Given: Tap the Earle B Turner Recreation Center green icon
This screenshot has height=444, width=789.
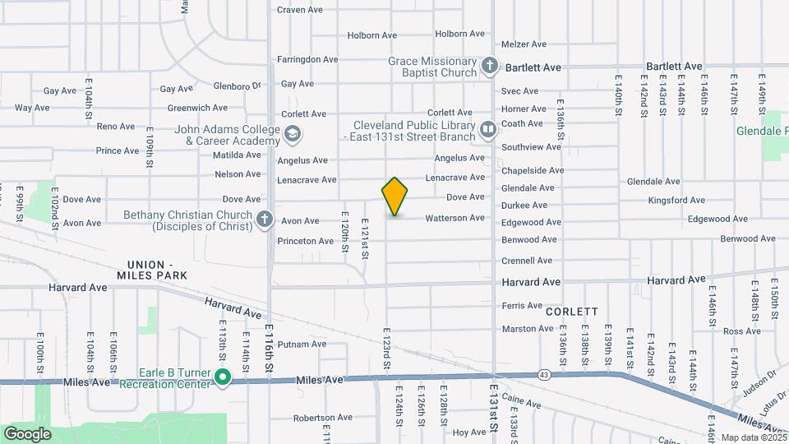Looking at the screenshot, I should click(223, 377).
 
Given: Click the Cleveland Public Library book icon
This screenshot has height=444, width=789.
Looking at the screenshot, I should click(488, 130).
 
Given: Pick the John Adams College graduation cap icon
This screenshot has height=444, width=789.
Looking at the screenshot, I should click(292, 134).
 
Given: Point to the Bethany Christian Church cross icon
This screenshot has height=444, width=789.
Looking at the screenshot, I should click(264, 220).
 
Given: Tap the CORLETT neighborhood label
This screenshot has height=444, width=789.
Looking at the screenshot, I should click(571, 312).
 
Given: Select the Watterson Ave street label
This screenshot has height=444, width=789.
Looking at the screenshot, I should click(454, 218).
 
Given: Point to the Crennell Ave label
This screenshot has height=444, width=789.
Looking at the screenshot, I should click(527, 261).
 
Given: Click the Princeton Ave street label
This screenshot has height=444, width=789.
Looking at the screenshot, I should click(305, 241).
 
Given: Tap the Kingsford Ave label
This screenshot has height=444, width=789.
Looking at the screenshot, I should click(676, 200).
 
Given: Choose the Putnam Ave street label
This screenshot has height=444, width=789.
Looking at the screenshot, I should click(302, 344).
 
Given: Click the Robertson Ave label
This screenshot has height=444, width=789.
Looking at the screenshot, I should click(316, 418).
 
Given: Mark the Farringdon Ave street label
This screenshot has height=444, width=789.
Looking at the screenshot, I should click(307, 59).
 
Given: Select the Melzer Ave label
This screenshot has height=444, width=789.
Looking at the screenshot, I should click(524, 44).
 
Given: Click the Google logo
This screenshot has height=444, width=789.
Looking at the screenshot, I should click(27, 433).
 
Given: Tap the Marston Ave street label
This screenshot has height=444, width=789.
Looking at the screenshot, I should click(528, 329).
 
